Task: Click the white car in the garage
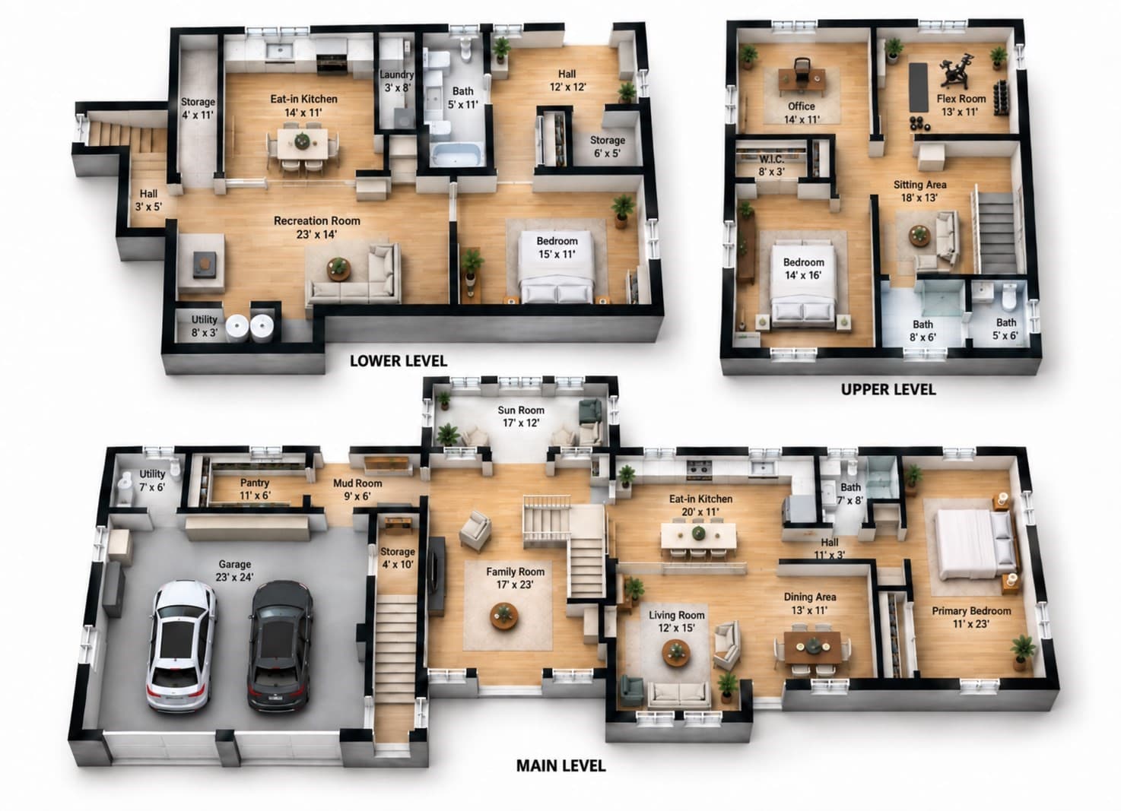click(x=181, y=646)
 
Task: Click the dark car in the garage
click(x=279, y=645)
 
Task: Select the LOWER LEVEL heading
click(x=399, y=361)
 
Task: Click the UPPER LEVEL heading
click(x=888, y=389)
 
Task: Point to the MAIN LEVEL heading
click(x=561, y=765)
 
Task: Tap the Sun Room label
click(x=521, y=417)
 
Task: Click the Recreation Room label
click(x=317, y=227)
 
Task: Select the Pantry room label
click(x=255, y=489)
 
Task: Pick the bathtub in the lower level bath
click(x=456, y=154)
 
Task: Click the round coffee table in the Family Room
click(x=504, y=616)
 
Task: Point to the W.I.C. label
click(x=772, y=166)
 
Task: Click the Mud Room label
click(x=357, y=489)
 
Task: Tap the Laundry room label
click(x=397, y=81)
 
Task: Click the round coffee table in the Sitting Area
click(x=919, y=235)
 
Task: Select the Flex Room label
click(x=961, y=105)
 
